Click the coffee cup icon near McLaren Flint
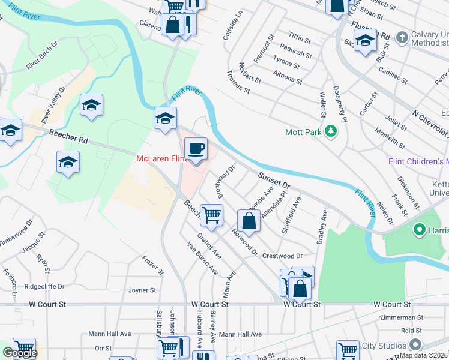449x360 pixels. (x=196, y=149)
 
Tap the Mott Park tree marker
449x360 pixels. (x=330, y=131)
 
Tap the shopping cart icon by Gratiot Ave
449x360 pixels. (x=211, y=215)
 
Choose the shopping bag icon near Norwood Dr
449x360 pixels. (x=249, y=220)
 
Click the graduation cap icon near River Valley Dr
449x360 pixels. (x=91, y=106)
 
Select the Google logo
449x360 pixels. (x=20, y=353)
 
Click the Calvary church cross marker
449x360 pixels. (x=402, y=37)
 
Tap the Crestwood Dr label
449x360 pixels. (x=282, y=256)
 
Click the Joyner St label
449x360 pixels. (x=142, y=290)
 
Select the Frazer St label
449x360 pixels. (x=153, y=264)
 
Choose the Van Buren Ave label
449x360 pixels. (x=202, y=258)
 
